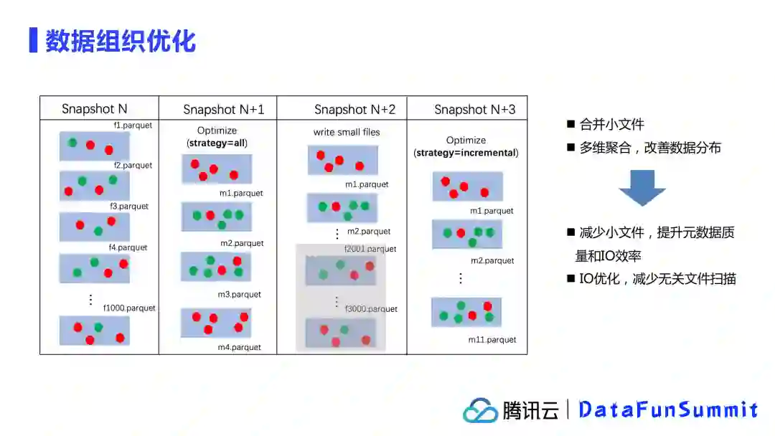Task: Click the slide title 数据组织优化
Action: click(121, 41)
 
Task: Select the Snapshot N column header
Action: click(94, 109)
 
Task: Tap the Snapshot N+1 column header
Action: click(223, 110)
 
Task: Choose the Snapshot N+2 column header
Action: click(354, 110)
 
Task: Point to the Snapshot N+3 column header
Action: click(474, 110)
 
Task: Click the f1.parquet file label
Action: click(133, 125)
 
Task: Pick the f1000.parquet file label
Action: click(129, 308)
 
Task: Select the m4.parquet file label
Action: click(240, 347)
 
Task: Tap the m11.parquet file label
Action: click(492, 339)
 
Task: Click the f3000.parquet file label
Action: click(371, 309)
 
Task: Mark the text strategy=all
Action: click(217, 143)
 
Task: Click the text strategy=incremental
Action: click(466, 153)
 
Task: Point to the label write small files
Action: click(347, 132)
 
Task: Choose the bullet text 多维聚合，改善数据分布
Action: click(650, 148)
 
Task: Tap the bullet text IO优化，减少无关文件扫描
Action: click(657, 279)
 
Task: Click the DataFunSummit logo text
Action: click(667, 409)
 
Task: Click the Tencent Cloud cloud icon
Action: click(480, 410)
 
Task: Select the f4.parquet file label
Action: click(128, 247)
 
